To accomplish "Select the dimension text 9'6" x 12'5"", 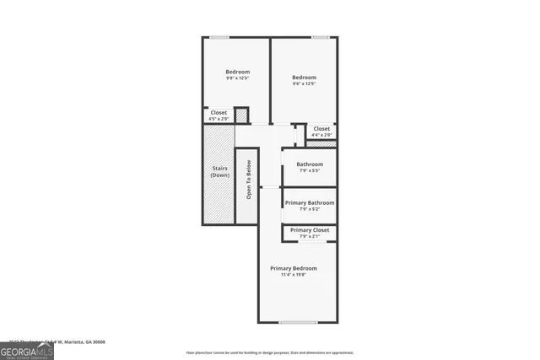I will [303, 83].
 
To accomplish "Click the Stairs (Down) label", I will [220, 172].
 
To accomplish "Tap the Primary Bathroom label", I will [310, 202].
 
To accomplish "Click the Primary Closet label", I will [310, 230].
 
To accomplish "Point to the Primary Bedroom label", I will [294, 268].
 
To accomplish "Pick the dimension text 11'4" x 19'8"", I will [294, 275].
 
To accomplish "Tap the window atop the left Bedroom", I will [219, 36].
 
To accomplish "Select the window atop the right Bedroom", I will [320, 36].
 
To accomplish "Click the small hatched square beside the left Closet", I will [241, 116].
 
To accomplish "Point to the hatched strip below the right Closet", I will [321, 143].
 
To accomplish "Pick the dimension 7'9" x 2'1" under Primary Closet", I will [310, 237].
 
